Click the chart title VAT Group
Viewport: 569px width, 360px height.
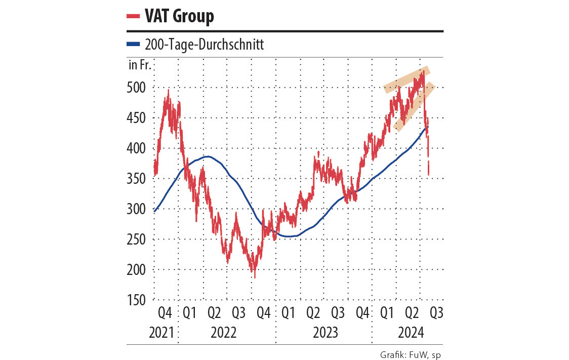pyautogui.click(x=179, y=16)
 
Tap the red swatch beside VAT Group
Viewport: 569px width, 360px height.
pyautogui.click(x=133, y=16)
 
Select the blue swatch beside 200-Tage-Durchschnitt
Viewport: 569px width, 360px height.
pyautogui.click(x=133, y=45)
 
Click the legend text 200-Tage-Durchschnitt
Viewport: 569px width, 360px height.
pyautogui.click(x=204, y=45)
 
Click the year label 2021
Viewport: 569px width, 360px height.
pyautogui.click(x=161, y=333)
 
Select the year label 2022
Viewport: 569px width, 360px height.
pyautogui.click(x=223, y=333)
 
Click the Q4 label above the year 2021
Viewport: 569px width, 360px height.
pyautogui.click(x=165, y=313)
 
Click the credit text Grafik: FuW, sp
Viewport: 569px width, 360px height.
pyautogui.click(x=411, y=354)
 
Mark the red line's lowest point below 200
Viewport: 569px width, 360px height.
pyautogui.click(x=255, y=277)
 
